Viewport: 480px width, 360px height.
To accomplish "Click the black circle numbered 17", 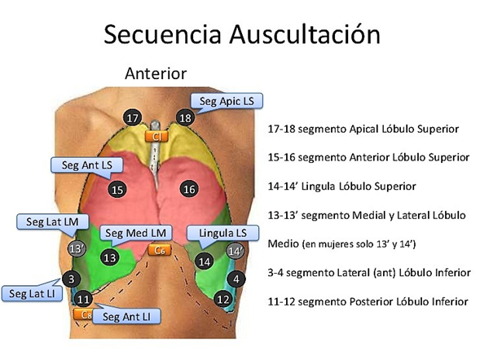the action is (x=133, y=118).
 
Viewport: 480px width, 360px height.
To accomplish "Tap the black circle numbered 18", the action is (x=186, y=118).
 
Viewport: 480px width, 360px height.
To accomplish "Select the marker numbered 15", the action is (x=117, y=190).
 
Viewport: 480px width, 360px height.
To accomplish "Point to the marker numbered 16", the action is (x=189, y=189).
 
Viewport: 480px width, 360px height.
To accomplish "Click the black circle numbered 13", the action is (x=110, y=257).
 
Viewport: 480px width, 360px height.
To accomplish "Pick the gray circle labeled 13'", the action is (x=77, y=248).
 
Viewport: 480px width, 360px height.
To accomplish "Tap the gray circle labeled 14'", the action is (x=236, y=251).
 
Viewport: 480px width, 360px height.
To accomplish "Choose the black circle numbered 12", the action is (x=222, y=299).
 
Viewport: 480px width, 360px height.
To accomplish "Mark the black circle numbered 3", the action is (x=72, y=279).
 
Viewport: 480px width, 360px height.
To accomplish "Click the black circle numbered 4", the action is (x=236, y=279).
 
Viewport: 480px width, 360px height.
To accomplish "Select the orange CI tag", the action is (x=156, y=136).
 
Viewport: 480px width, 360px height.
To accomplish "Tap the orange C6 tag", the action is (x=160, y=250).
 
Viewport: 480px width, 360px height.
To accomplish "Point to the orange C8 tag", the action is (x=83, y=314).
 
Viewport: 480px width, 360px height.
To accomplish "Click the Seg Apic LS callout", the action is (x=227, y=102).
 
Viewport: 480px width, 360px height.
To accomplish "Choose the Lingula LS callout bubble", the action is (x=222, y=234).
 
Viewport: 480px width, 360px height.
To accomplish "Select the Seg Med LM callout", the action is (x=135, y=234).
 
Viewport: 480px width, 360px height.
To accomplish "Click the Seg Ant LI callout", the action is (x=126, y=316).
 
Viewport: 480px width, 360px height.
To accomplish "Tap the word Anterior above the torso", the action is (x=156, y=73).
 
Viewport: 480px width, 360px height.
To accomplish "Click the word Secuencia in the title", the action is (x=162, y=34).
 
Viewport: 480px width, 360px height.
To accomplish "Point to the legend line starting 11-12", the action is (x=368, y=302).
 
